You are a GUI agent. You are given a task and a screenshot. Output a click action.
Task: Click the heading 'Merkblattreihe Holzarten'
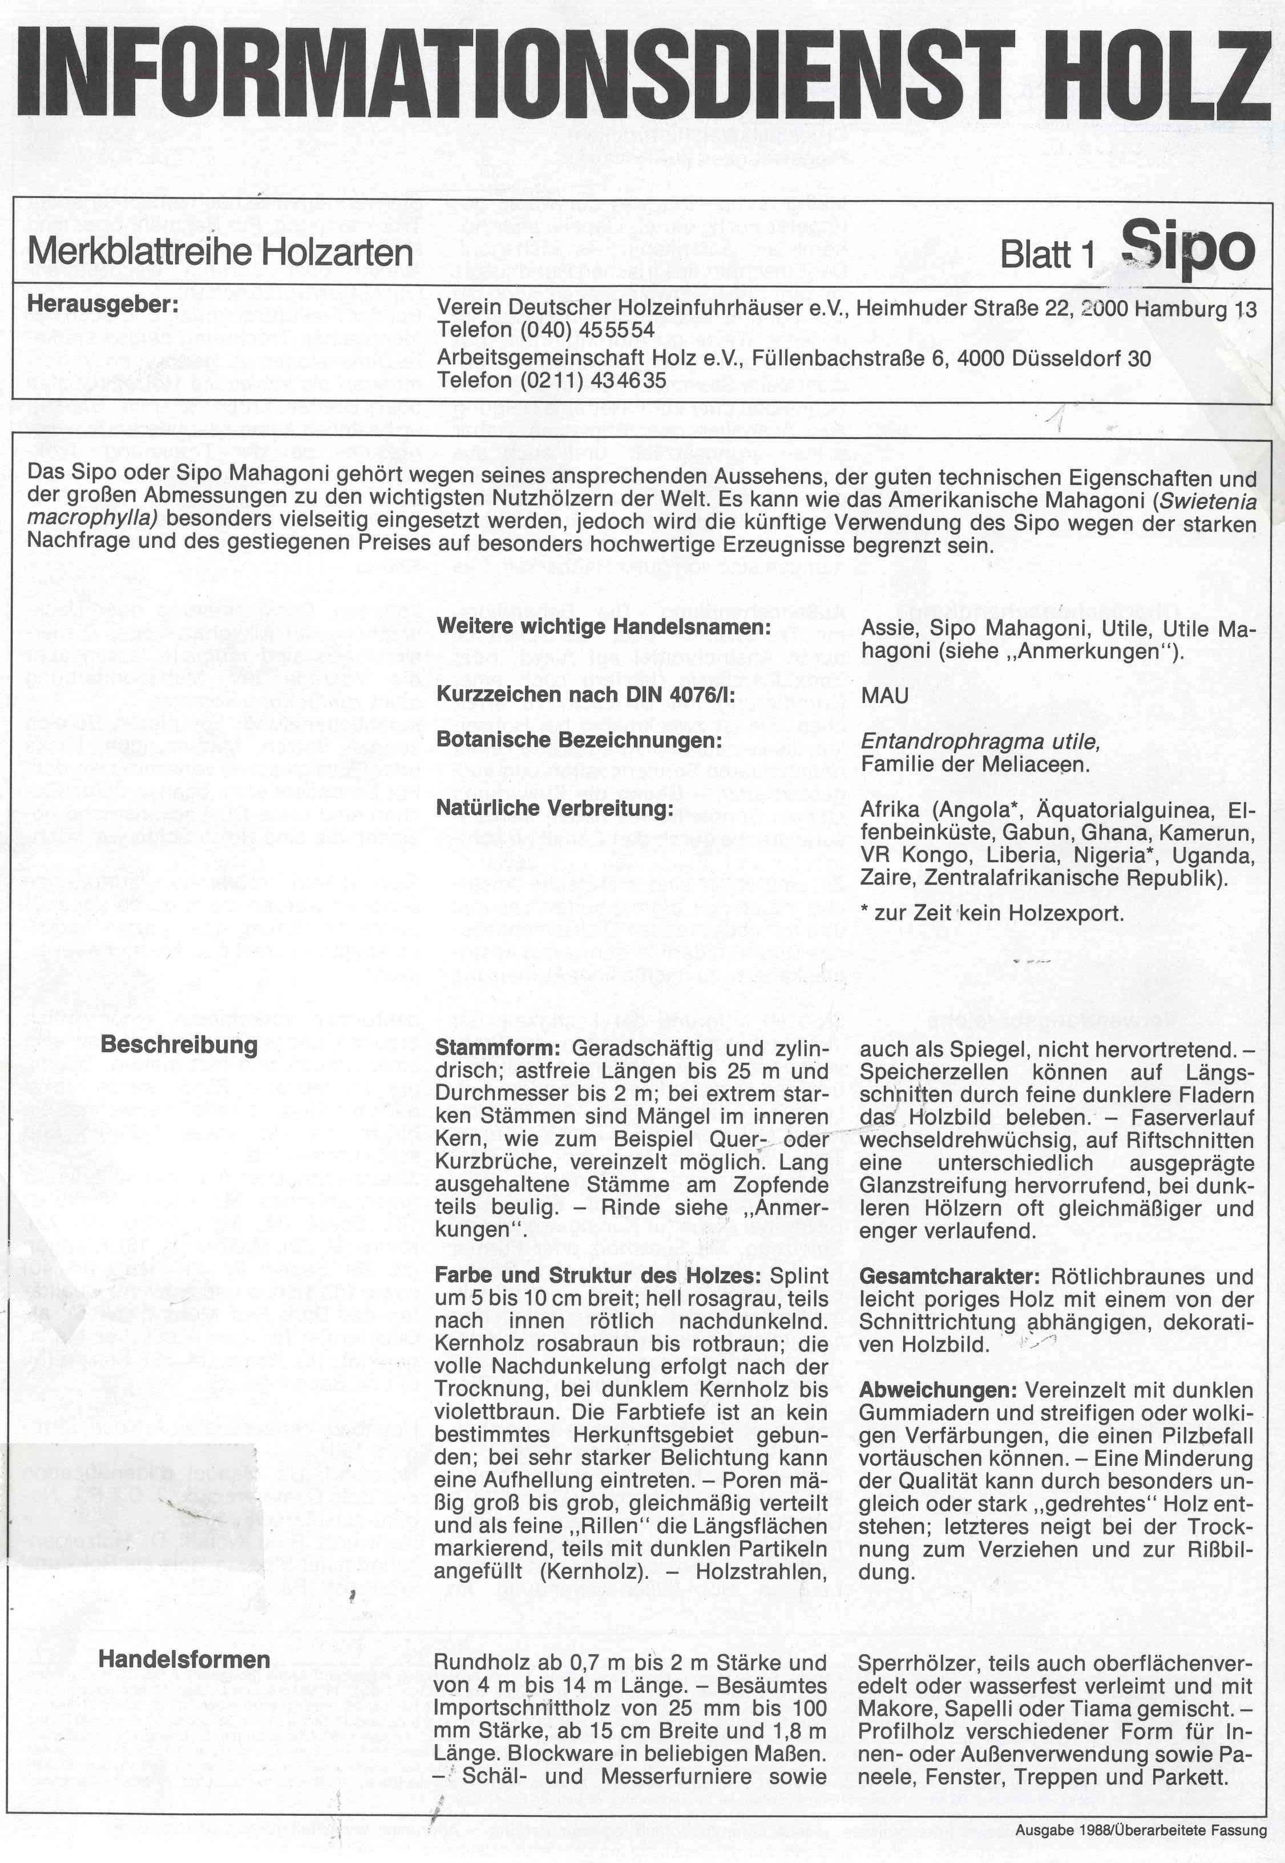pyautogui.click(x=220, y=253)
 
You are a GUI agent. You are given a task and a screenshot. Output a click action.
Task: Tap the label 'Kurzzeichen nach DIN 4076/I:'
pyautogui.click(x=585, y=695)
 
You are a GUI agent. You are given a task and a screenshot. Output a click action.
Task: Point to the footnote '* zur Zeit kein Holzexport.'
pyautogui.click(x=991, y=913)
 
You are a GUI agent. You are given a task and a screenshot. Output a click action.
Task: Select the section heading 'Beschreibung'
pyautogui.click(x=179, y=1045)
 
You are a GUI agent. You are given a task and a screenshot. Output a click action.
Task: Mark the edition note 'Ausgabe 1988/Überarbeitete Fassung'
pyautogui.click(x=1141, y=1830)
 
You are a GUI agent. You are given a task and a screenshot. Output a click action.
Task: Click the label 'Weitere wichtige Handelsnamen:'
pyautogui.click(x=603, y=627)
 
